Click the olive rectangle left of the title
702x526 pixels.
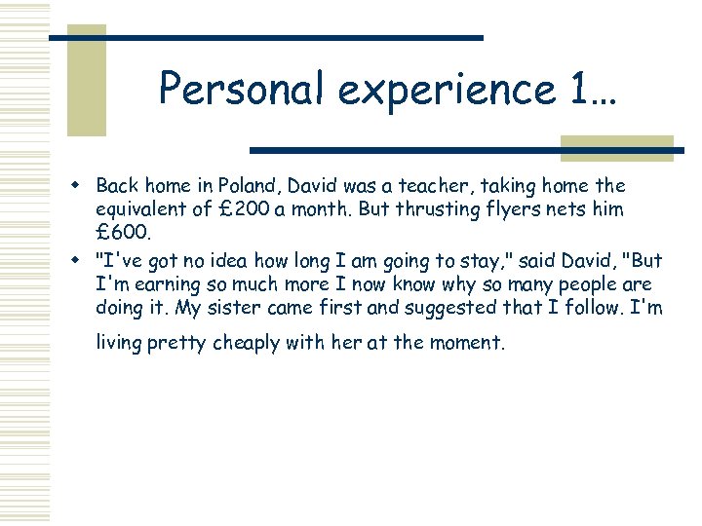pos(86,80)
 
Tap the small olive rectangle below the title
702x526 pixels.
pos(616,147)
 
